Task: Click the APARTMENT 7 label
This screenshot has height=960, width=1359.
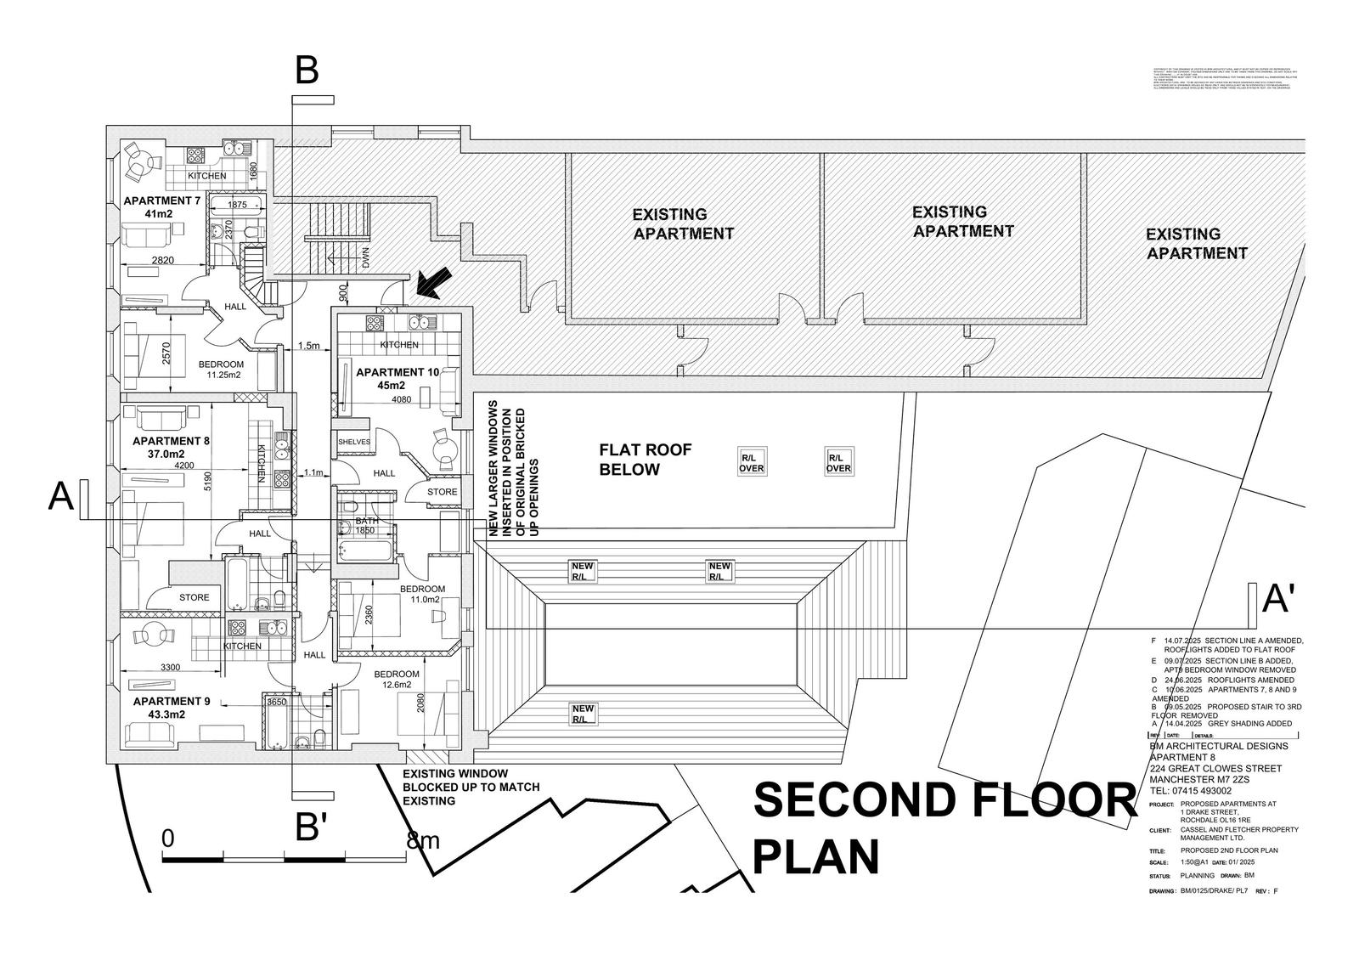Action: (162, 200)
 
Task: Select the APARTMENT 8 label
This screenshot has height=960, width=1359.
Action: (171, 441)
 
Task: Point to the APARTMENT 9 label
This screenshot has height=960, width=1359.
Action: (177, 701)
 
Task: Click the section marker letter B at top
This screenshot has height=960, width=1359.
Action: (307, 71)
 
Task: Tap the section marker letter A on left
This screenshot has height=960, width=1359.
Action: (60, 497)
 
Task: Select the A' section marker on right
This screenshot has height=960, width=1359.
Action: (1277, 600)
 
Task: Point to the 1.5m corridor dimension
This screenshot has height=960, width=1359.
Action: (309, 346)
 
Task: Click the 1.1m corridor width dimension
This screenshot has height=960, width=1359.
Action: (314, 472)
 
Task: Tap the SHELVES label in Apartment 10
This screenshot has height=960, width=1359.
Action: (354, 442)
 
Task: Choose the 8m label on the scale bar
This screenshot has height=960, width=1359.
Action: (425, 841)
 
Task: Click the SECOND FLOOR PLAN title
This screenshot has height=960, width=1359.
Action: (943, 828)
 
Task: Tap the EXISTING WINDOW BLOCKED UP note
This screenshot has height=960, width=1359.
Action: (471, 788)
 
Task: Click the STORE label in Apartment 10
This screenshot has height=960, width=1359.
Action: (442, 492)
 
